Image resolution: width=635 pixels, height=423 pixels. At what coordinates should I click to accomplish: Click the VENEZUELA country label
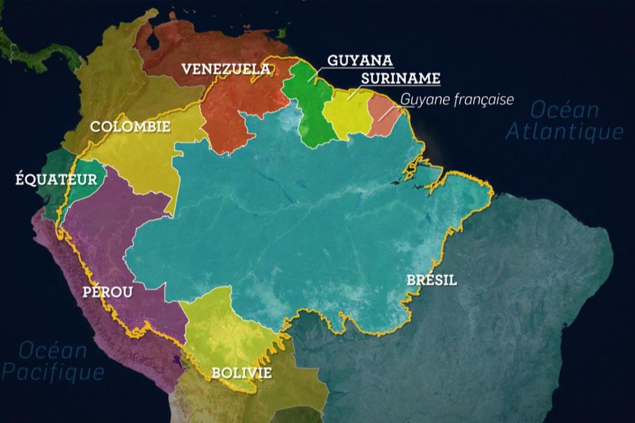coord(226,69)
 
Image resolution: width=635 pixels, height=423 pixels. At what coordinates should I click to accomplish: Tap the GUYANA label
coord(360,61)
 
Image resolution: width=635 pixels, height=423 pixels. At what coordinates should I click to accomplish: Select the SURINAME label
coord(401,78)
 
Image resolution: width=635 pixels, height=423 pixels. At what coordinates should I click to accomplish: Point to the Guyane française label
coord(457,99)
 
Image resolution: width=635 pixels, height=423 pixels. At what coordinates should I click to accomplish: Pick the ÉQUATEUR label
coord(56,179)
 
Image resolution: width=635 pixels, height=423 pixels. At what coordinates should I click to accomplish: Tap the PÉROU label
coord(108,292)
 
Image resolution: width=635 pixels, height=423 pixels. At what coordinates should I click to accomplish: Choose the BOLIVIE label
coord(241,373)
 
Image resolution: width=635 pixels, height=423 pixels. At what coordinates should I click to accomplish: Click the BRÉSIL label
coord(432,280)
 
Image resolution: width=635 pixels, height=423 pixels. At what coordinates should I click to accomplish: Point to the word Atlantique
coord(564,132)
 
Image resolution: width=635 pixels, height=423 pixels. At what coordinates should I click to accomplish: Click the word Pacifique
coord(53,372)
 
